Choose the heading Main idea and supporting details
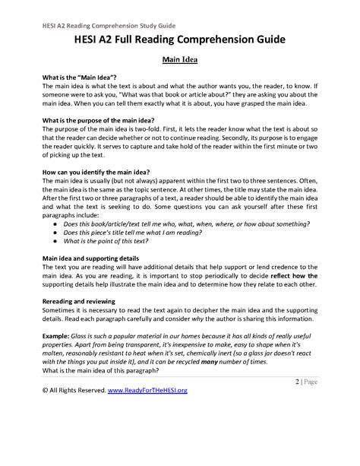tap(84, 258)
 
